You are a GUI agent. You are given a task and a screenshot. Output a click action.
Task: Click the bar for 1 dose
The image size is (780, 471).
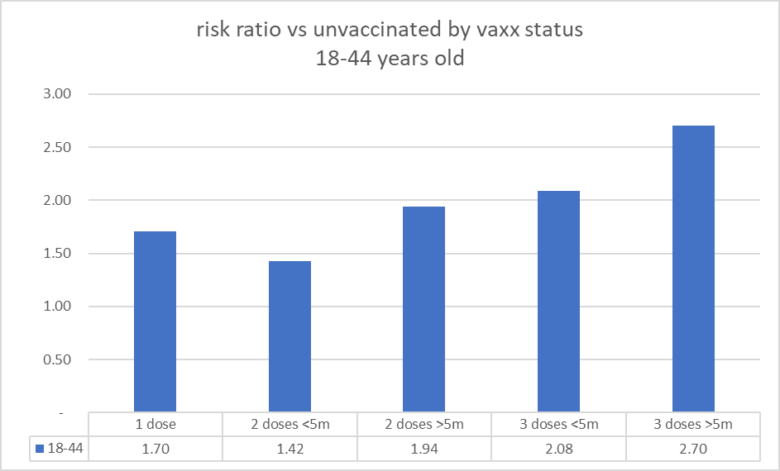[x=155, y=321]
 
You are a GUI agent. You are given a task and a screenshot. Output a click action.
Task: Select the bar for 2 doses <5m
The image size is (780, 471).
[x=290, y=336]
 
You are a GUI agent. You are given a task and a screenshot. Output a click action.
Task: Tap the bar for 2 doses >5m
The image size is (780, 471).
[x=424, y=309]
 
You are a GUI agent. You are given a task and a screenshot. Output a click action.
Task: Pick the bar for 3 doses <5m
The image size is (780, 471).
[x=558, y=302]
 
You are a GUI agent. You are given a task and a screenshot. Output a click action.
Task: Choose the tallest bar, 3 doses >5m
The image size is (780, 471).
[x=693, y=269]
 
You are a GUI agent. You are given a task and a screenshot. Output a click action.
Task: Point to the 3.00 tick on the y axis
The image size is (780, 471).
[x=57, y=94]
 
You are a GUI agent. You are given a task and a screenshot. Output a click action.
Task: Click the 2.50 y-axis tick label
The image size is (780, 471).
[x=57, y=147]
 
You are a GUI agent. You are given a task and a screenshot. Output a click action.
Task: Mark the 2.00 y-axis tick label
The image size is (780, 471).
[x=57, y=200]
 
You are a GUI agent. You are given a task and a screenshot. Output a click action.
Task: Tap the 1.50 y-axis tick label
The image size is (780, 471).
[x=57, y=254]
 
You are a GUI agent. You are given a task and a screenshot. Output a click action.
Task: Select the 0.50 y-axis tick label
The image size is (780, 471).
[x=57, y=359]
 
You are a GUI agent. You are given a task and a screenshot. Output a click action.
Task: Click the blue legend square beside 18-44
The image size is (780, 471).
[x=40, y=449]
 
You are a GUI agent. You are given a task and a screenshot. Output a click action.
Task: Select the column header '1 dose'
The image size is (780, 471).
[x=155, y=425]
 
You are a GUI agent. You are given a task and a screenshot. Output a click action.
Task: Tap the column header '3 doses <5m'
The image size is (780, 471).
[x=558, y=425]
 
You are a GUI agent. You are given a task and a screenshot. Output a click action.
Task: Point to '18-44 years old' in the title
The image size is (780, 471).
[x=389, y=59]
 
